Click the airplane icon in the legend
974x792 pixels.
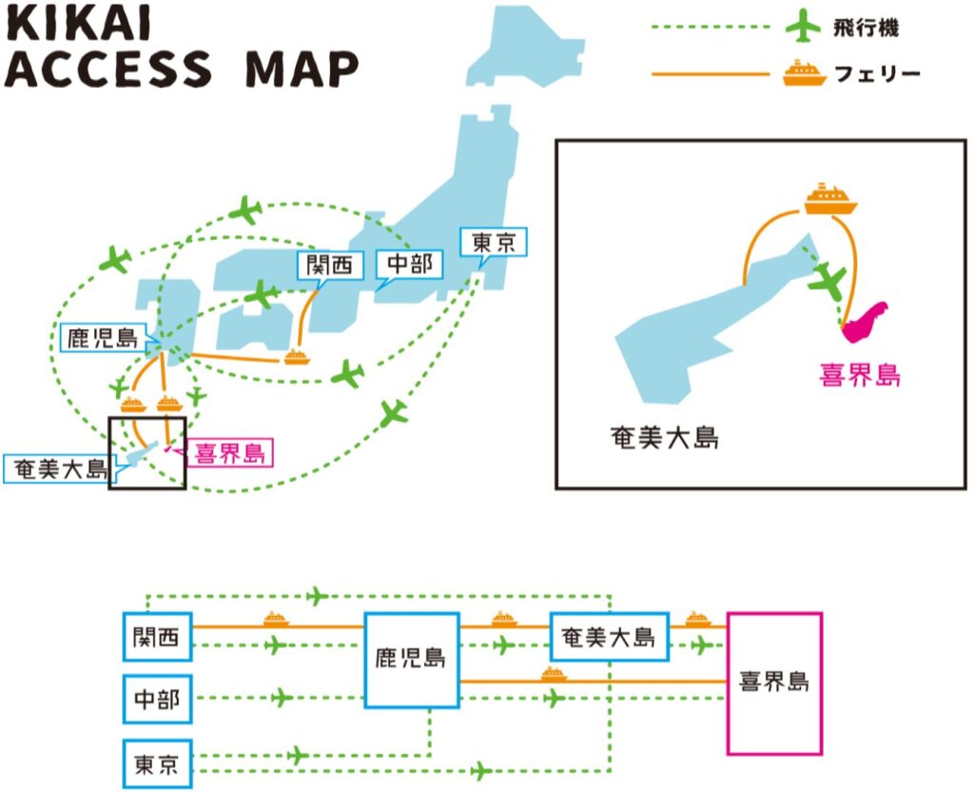coord(803,26)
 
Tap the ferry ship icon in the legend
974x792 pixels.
coord(803,73)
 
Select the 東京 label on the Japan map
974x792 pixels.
coord(492,245)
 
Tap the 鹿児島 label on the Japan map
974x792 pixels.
coord(99,338)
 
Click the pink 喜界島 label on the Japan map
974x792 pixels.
coord(228,453)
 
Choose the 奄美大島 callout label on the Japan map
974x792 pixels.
coord(56,469)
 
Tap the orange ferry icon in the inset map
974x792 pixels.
coord(830,198)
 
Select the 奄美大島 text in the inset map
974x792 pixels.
coord(663,438)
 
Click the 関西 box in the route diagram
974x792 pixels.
coord(157,637)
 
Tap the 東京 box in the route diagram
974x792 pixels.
coord(157,762)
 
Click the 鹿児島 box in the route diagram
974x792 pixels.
coord(412,659)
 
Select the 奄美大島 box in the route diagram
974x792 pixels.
coord(609,637)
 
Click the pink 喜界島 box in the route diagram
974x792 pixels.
coord(773,683)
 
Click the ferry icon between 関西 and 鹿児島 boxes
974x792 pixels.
coord(276,620)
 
